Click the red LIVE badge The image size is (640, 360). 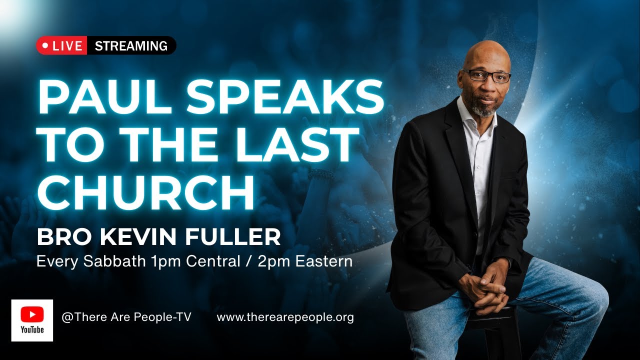tap(61, 45)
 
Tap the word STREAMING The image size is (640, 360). tap(131, 46)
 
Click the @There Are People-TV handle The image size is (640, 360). tap(126, 317)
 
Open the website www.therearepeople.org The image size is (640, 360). tap(285, 317)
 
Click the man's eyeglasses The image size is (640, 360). tap(486, 76)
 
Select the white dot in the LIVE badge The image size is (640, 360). tap(45, 45)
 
